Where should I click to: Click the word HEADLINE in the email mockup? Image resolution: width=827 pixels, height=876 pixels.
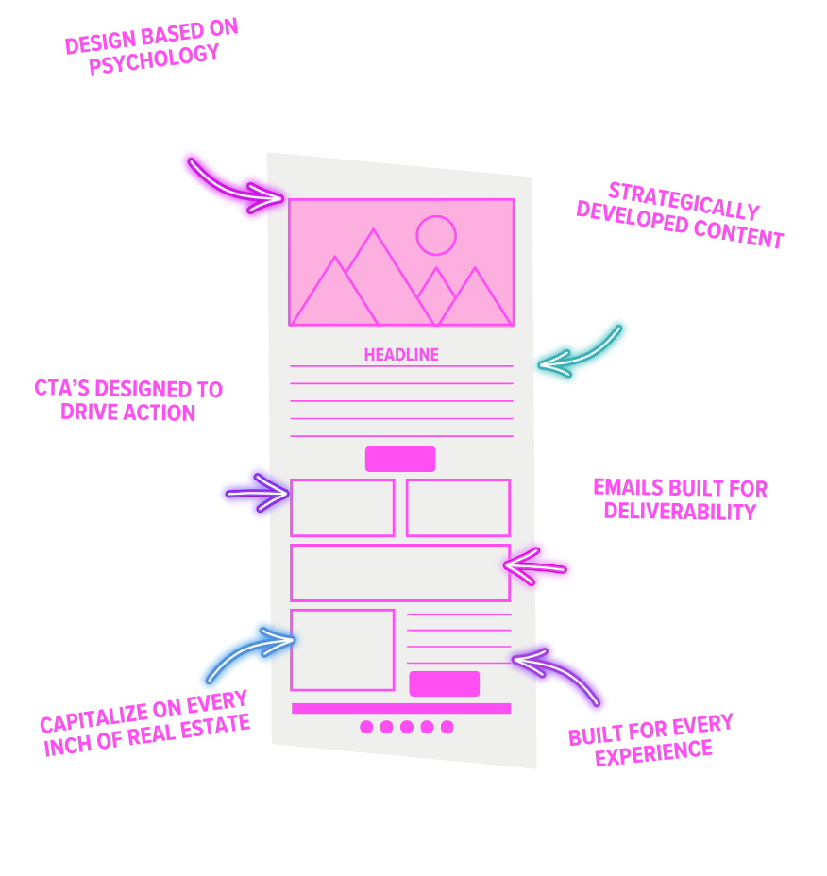tap(401, 355)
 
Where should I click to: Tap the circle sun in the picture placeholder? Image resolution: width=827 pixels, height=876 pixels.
tap(436, 235)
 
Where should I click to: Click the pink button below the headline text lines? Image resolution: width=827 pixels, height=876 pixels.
tap(400, 459)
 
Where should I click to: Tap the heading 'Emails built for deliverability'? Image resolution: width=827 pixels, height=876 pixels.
tap(680, 499)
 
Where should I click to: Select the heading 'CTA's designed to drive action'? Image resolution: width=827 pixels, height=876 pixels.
tap(128, 400)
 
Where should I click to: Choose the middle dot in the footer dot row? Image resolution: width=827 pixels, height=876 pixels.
tap(407, 727)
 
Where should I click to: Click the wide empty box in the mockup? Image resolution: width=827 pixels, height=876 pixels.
tap(399, 573)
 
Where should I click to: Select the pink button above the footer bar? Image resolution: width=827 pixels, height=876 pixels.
tap(444, 683)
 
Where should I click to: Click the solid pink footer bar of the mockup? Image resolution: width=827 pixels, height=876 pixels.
tap(400, 708)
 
